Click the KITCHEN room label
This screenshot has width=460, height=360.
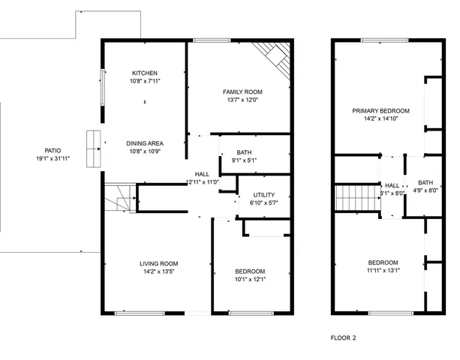tap(144, 73)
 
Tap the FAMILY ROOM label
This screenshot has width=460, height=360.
tap(242, 91)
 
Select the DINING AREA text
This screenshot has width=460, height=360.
tap(144, 142)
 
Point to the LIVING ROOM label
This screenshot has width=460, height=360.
tap(158, 263)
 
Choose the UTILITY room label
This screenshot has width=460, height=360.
tap(263, 194)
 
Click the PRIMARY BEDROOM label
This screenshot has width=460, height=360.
tap(382, 110)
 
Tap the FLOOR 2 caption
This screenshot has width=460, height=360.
tap(344, 337)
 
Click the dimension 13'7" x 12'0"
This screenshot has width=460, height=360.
tap(242, 100)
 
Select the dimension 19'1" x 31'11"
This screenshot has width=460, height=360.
tap(53, 159)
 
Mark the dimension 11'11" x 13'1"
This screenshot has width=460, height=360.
tap(383, 271)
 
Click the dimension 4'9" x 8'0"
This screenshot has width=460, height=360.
tap(425, 190)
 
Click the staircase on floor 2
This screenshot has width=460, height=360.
tap(353, 199)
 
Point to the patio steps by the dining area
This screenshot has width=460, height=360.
tap(93, 148)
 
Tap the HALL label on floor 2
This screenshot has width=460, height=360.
tap(392, 185)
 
